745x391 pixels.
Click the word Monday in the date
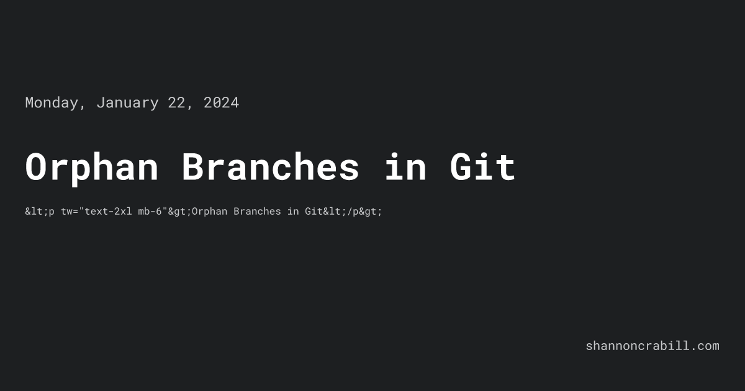pos(52,103)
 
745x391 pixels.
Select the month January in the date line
pos(127,103)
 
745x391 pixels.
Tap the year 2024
pos(221,103)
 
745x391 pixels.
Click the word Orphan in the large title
pos(91,168)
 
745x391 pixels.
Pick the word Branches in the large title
pos(270,168)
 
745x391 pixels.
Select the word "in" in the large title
pos(405,168)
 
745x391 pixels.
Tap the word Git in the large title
pos(482,168)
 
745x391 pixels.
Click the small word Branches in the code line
pos(257,212)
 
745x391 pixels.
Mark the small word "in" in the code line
pos(293,212)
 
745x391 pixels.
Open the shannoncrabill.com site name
pos(652,346)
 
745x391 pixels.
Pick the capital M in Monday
pos(29,103)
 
